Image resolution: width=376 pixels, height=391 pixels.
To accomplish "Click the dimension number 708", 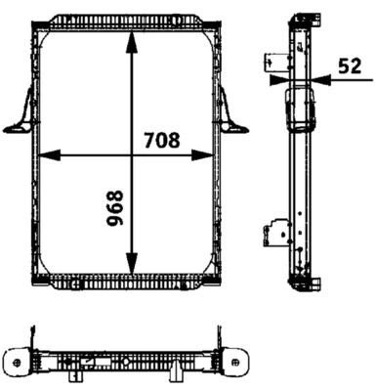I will [x=161, y=140].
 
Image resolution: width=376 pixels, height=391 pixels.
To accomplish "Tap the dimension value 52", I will [x=349, y=67].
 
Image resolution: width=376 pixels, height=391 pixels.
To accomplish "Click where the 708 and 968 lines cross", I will [x=130, y=153].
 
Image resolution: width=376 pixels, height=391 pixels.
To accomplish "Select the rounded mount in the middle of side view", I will [x=297, y=109].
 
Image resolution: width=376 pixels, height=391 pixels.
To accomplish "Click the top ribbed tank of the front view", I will [x=127, y=20].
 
